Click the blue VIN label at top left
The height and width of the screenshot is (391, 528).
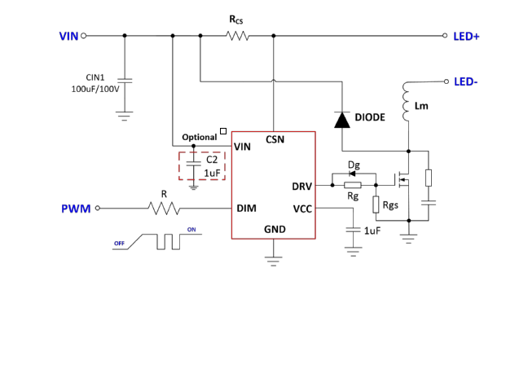[x=68, y=36]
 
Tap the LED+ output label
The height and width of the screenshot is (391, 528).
[x=466, y=36]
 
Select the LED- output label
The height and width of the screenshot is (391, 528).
[x=465, y=81]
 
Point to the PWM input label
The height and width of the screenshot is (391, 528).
[x=76, y=209]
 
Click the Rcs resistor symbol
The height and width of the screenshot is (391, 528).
[x=237, y=36]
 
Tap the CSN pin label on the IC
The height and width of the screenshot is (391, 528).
[x=275, y=140]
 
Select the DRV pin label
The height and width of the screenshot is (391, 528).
[x=301, y=187]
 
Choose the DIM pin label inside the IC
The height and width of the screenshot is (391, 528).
[x=246, y=209]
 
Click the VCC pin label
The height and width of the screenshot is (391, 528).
[x=302, y=209]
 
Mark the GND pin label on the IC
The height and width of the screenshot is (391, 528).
[x=275, y=231]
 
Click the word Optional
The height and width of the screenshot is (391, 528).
[x=200, y=137]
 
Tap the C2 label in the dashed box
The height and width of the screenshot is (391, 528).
[x=212, y=160]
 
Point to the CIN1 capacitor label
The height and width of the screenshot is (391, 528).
[x=95, y=77]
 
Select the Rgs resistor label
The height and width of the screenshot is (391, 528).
[x=390, y=205]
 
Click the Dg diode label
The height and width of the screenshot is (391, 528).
[x=353, y=165]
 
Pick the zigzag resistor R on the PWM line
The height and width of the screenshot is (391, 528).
[x=164, y=209]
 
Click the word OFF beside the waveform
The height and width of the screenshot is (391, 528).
[x=119, y=243]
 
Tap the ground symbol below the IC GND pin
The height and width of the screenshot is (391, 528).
[x=275, y=261]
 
